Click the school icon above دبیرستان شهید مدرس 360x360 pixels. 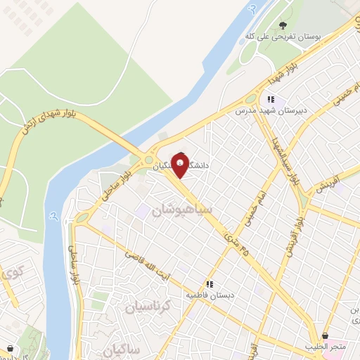click(x=271, y=100)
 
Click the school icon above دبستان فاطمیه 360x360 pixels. click(x=208, y=285)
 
